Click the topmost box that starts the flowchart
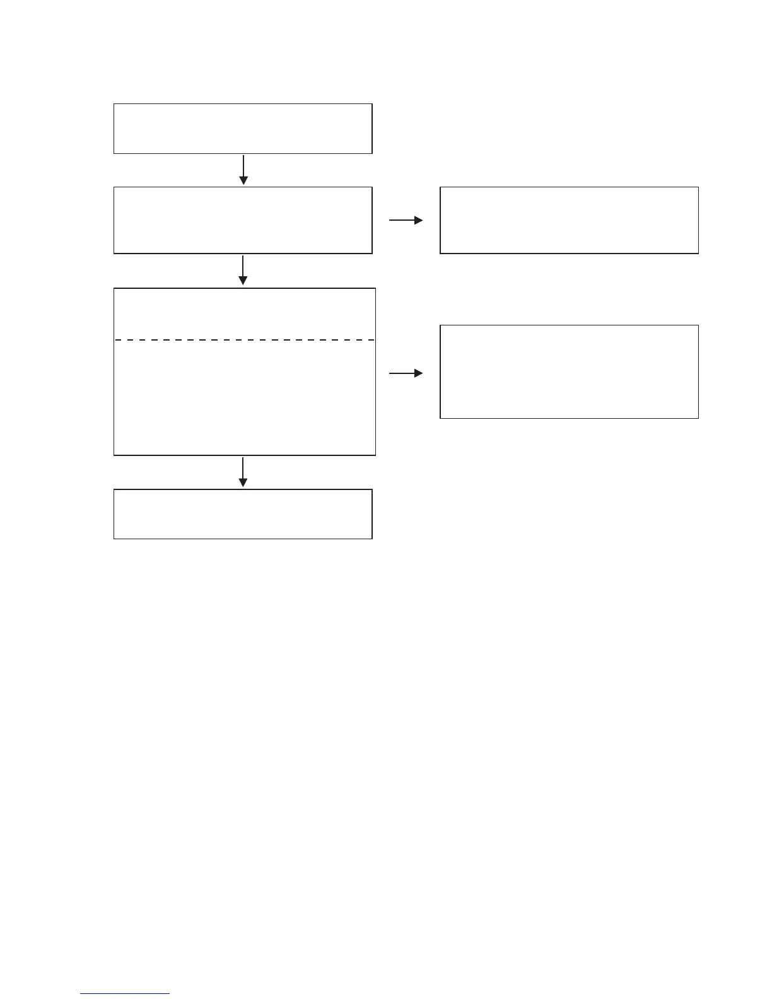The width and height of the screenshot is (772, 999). pos(243,129)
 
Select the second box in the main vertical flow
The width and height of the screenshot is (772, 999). pos(243,220)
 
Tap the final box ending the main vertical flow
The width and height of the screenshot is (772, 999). pos(243,514)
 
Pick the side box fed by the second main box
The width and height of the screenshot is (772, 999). pos(569,220)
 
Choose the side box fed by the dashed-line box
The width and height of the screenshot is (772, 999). pos(569,371)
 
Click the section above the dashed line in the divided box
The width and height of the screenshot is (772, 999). pos(244,314)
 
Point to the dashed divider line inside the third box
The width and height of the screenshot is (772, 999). pos(244,340)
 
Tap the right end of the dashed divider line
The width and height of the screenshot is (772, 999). pos(372,340)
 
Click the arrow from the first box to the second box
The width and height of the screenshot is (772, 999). pos(243,169)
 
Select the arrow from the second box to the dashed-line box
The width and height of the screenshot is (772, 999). pos(243,270)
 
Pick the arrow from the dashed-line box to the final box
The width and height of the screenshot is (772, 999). pos(243,472)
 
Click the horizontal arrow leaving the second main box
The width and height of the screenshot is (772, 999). pos(406,220)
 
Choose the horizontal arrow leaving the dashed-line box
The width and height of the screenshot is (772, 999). pos(406,373)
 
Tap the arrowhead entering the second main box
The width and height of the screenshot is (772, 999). pos(243,181)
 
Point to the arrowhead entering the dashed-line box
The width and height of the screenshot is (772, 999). pos(243,281)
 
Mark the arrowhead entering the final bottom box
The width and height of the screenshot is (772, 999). pos(243,483)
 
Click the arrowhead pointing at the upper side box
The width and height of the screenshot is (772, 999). pos(418,220)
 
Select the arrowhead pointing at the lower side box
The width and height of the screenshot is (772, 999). pos(418,373)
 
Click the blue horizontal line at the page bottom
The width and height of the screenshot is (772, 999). pos(125,994)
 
